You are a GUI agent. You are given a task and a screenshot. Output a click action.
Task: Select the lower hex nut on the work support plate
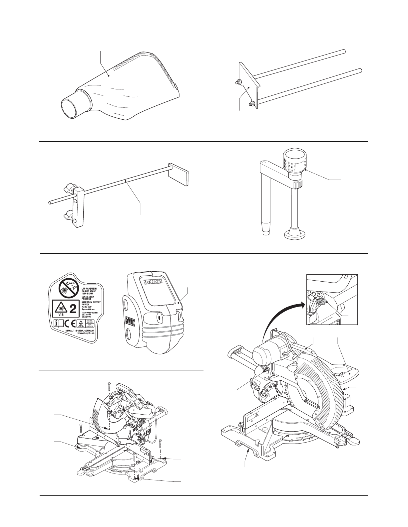(x=252, y=104)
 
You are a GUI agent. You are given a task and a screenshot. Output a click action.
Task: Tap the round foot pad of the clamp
(x=295, y=235)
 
